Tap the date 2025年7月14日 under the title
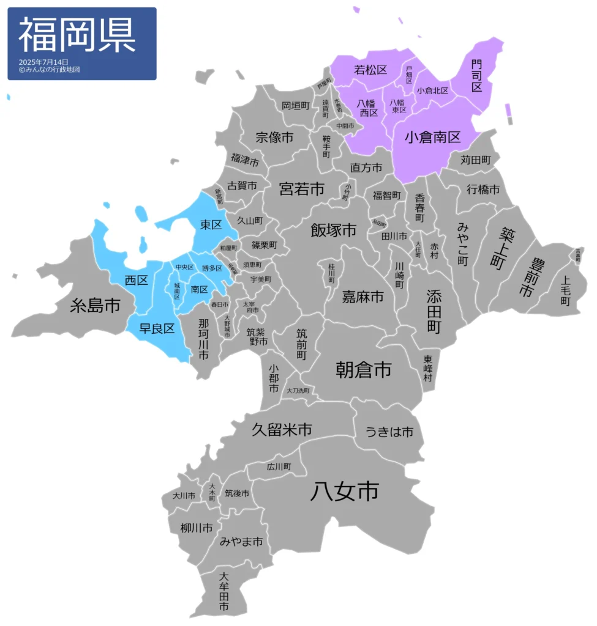(x=43, y=62)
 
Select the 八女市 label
(x=344, y=491)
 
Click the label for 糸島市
(x=95, y=305)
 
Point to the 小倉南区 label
(x=432, y=137)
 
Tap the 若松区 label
(x=371, y=70)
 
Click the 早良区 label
(x=157, y=328)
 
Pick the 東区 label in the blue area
(x=211, y=224)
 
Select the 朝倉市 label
(x=364, y=369)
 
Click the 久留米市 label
(x=282, y=429)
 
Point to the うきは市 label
(x=389, y=432)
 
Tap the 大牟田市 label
(x=224, y=592)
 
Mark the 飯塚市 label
(x=334, y=230)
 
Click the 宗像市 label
(x=274, y=138)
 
